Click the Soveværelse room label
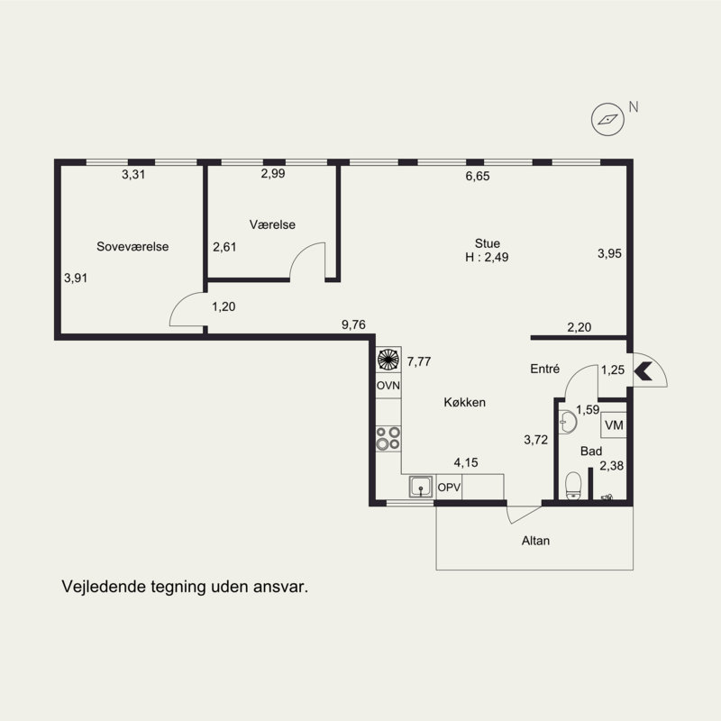[132, 246]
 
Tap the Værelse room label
[272, 224]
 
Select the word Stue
[488, 243]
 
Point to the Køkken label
[464, 402]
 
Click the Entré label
[545, 369]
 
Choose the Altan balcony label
[535, 541]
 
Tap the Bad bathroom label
[591, 452]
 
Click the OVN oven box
[388, 386]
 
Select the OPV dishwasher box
[449, 487]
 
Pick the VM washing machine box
[614, 424]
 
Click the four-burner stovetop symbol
[388, 439]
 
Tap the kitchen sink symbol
[421, 487]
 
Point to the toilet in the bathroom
[573, 486]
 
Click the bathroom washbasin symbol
[568, 422]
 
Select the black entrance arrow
[643, 371]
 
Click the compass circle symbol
[607, 120]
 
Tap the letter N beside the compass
[634, 106]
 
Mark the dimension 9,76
[353, 324]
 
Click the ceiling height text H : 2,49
[487, 257]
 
